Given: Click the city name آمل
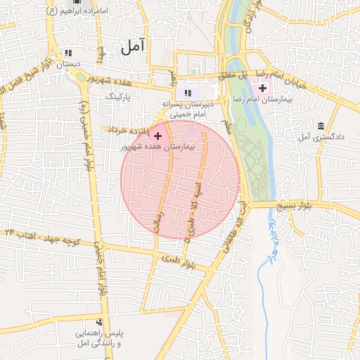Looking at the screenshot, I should [132, 47].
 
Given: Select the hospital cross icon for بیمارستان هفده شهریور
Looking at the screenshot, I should [157, 135].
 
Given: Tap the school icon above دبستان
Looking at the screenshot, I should [68, 53].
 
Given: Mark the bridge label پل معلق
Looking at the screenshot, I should [232, 75].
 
